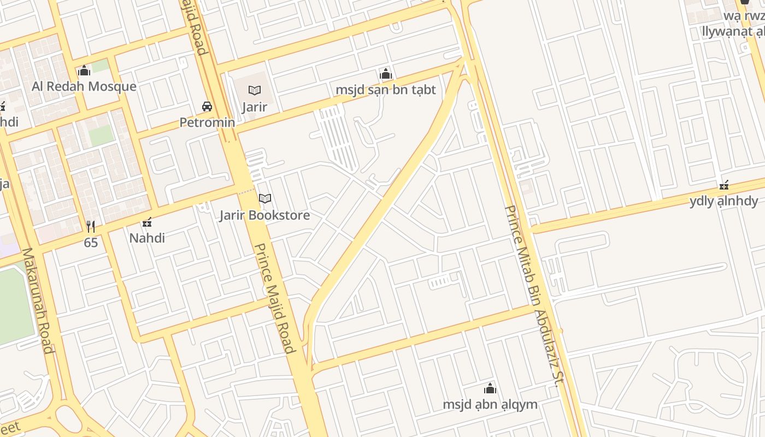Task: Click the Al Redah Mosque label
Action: tap(84, 86)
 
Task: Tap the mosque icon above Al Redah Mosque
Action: tap(84, 70)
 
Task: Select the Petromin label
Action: tap(208, 122)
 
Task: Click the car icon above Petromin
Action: tap(207, 106)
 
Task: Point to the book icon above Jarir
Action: tap(255, 90)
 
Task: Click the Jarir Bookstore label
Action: tap(264, 215)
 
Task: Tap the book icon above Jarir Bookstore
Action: tap(265, 198)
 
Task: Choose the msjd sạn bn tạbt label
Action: tap(386, 90)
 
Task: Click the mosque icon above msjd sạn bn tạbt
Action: tap(386, 74)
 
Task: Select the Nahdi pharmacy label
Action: tap(147, 238)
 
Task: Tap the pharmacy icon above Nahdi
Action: tap(147, 222)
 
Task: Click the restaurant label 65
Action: tap(91, 243)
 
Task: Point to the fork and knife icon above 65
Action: tap(91, 226)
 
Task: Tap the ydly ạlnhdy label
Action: tap(723, 201)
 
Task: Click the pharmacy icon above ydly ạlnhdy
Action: tap(724, 185)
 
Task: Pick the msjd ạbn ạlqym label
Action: tap(490, 405)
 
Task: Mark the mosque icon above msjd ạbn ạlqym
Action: tap(490, 388)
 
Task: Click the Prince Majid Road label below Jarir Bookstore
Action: tap(275, 298)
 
